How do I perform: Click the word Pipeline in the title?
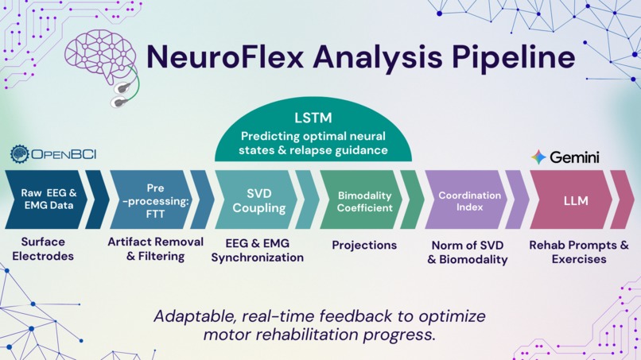coord(509,58)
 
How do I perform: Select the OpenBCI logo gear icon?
coord(19,154)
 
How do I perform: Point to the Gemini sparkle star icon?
coord(538,157)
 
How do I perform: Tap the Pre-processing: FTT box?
coord(155,199)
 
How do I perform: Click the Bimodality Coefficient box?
coord(365,199)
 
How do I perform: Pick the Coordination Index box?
coord(469,199)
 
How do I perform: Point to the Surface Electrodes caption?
coord(44,249)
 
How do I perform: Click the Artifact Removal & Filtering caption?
coord(156,249)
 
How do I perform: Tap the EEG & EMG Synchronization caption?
coord(258,250)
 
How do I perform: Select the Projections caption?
coord(364,245)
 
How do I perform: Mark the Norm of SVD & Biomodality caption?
coord(468,252)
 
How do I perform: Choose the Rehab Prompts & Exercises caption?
coord(579,252)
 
